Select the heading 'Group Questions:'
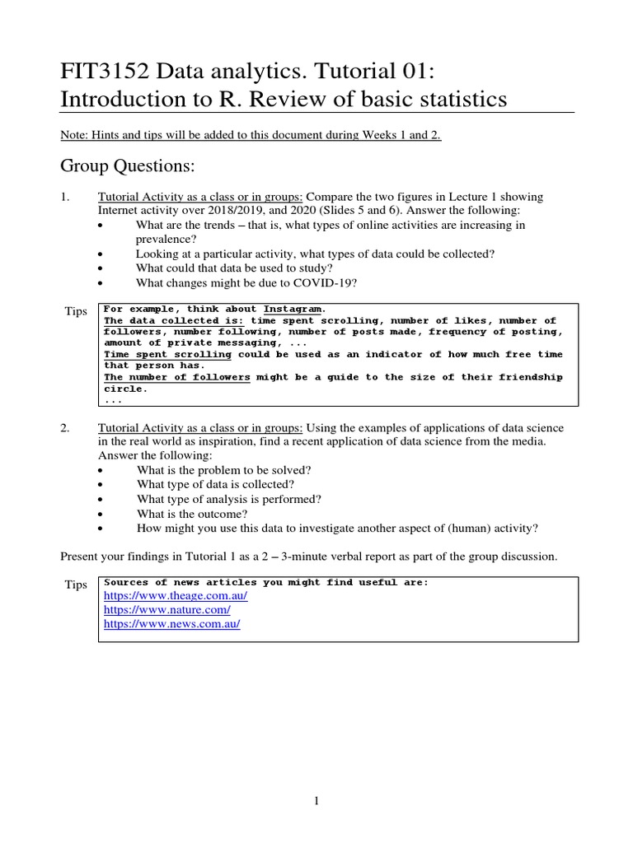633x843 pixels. (127, 166)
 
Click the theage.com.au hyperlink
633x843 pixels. (175, 595)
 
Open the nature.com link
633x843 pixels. (166, 610)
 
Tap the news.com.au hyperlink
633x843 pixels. (171, 624)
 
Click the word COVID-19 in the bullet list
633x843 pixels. (304, 283)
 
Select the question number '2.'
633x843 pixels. (67, 428)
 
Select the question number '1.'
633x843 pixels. (66, 197)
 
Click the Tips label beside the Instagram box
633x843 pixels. (76, 311)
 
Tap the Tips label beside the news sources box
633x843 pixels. (76, 585)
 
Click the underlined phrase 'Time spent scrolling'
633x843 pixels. (167, 354)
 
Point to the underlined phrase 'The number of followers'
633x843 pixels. (177, 377)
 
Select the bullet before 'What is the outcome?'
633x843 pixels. (101, 514)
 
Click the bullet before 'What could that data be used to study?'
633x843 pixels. (101, 268)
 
